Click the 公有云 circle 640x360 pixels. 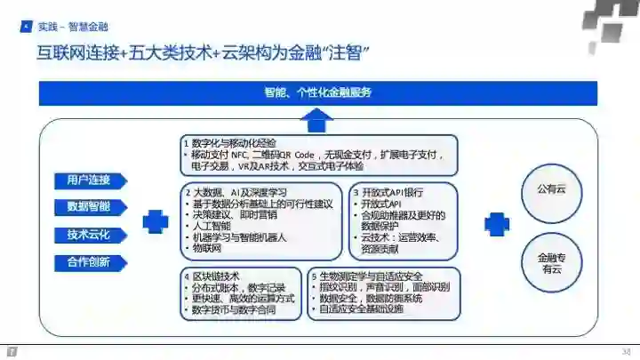(556, 189)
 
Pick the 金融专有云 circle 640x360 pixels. (556, 263)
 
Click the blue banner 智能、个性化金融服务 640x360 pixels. (317, 92)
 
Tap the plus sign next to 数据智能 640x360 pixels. (156, 222)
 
